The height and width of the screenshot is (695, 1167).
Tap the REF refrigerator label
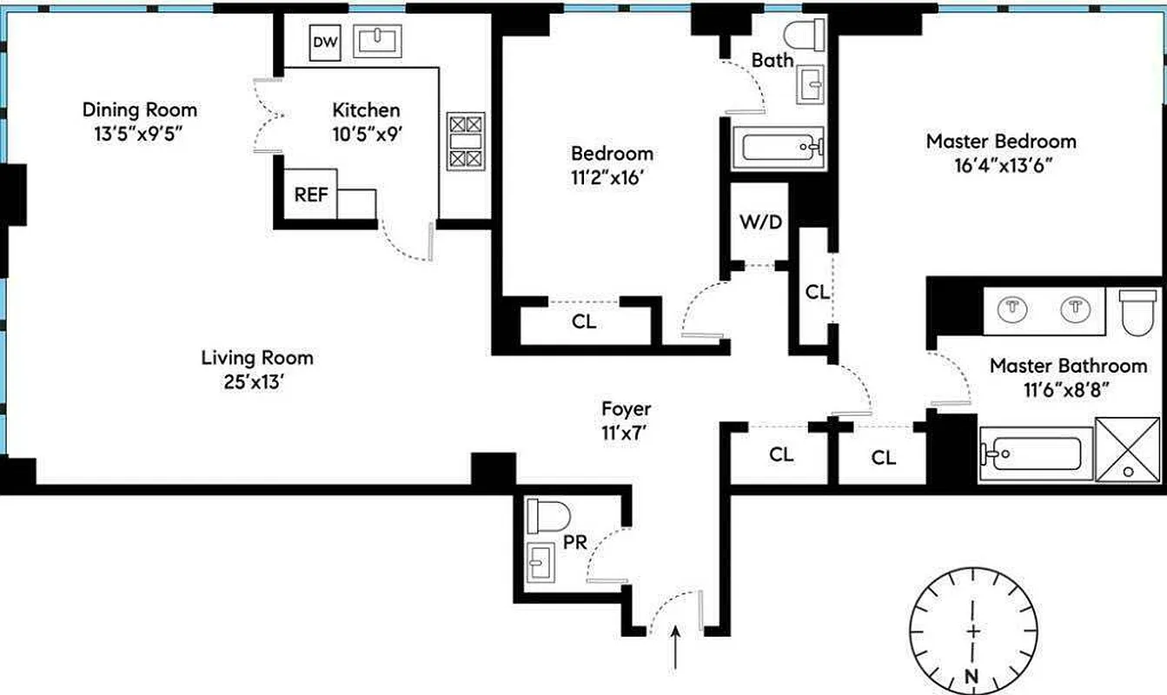click(310, 195)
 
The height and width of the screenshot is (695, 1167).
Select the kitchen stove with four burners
click(465, 141)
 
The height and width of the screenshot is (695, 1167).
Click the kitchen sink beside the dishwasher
click(381, 40)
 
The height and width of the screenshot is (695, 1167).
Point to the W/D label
click(760, 222)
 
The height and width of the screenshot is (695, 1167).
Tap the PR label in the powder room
click(575, 542)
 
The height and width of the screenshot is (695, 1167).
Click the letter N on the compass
click(971, 678)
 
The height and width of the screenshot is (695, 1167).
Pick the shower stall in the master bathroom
click(1128, 449)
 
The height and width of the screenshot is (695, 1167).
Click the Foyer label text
click(626, 408)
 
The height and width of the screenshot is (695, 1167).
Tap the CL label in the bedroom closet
click(584, 321)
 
